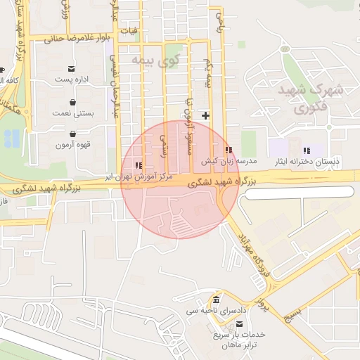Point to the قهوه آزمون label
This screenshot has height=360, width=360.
coord(72,145)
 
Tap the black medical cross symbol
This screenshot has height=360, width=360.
coord(205,115)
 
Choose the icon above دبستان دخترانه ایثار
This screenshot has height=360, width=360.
coord(306,150)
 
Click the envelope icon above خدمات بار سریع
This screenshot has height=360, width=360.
coord(241,323)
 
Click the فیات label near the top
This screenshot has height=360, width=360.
coord(129,31)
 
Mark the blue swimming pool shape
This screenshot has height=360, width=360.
coord(12,138)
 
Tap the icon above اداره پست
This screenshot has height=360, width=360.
coord(72,69)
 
